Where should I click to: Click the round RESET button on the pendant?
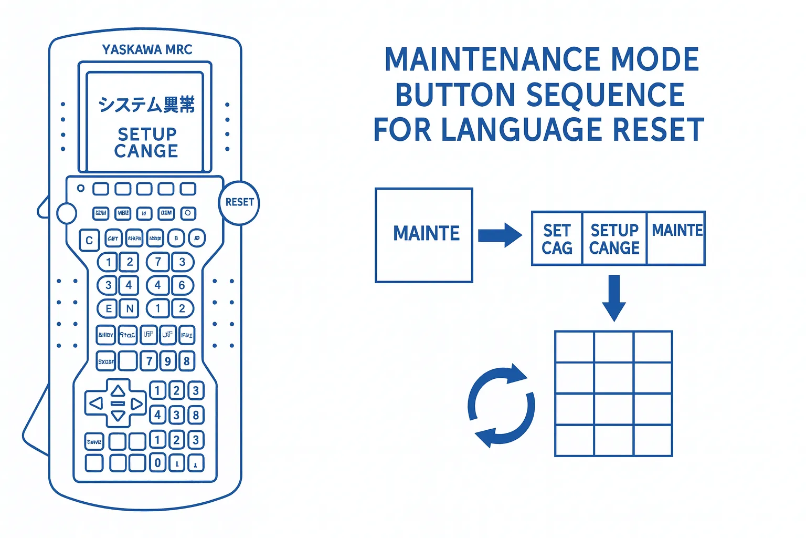pyautogui.click(x=239, y=203)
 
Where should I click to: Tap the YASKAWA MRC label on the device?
pyautogui.click(x=147, y=50)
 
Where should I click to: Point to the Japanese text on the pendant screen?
pyautogui.click(x=146, y=105)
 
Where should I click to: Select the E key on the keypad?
pyautogui.click(x=108, y=308)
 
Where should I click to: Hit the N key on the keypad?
pyautogui.click(x=129, y=308)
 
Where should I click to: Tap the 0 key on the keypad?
pyautogui.click(x=157, y=463)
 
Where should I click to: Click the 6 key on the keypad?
pyautogui.click(x=182, y=285)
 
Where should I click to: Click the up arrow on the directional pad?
pyautogui.click(x=118, y=390)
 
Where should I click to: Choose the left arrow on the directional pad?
pyautogui.click(x=96, y=403)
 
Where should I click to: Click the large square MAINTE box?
pyautogui.click(x=424, y=235)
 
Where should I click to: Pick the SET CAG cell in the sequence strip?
pyautogui.click(x=557, y=239)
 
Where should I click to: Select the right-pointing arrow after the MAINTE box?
pyautogui.click(x=500, y=234)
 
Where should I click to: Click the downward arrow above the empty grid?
pyautogui.click(x=614, y=297)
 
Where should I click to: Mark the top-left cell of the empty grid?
pyautogui.click(x=575, y=347)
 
